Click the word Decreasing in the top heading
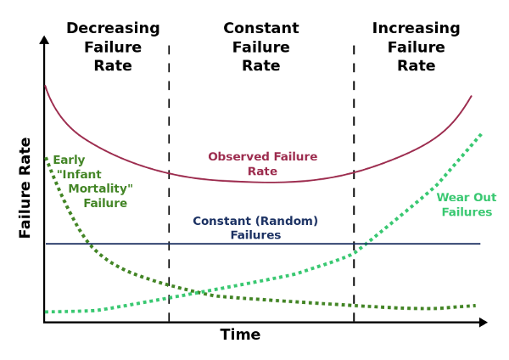[x=113, y=29]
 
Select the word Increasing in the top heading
[x=416, y=29]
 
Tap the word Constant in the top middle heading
[x=261, y=29]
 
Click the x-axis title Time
[x=240, y=335]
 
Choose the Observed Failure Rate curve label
[x=262, y=164]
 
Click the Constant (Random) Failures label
[x=255, y=228]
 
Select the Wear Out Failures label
[x=467, y=205]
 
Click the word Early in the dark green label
[x=69, y=160]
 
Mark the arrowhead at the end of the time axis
[x=483, y=323]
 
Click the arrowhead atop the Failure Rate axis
[x=44, y=39]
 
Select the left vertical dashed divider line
[x=169, y=183]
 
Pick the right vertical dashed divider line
[x=354, y=183]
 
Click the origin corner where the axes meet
[x=44, y=323]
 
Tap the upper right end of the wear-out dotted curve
[x=480, y=134]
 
